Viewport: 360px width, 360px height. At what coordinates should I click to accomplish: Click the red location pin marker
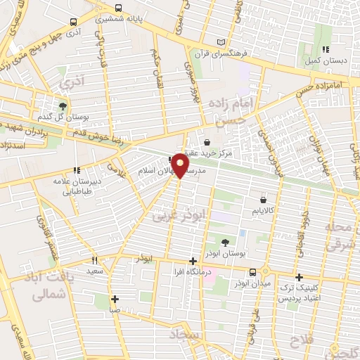(x=180, y=166)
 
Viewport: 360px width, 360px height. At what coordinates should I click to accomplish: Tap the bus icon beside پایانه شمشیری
(x=117, y=8)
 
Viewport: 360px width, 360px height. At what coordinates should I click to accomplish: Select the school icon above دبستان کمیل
(x=326, y=49)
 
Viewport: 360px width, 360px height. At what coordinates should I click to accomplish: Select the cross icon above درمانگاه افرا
(x=193, y=261)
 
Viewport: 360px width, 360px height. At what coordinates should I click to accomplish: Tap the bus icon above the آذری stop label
(x=74, y=22)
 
